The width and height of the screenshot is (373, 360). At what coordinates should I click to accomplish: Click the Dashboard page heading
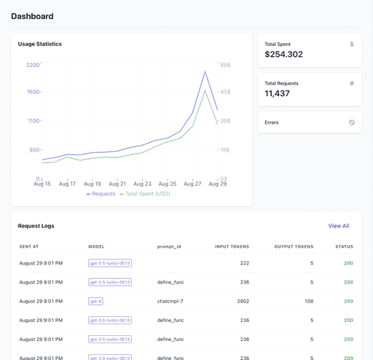click(32, 16)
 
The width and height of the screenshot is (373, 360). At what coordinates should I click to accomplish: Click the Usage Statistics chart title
click(40, 44)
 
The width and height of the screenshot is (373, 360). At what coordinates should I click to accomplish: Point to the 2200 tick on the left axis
click(32, 65)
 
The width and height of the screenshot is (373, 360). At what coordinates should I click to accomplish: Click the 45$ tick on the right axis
click(225, 92)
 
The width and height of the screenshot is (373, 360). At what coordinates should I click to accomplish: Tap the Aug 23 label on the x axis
click(142, 184)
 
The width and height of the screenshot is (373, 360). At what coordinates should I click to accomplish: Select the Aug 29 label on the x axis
click(217, 184)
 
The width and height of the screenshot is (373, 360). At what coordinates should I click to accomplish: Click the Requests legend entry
click(101, 194)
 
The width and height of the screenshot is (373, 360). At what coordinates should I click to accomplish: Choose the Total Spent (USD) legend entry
click(145, 194)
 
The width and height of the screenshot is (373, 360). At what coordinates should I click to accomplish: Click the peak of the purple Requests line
click(205, 71)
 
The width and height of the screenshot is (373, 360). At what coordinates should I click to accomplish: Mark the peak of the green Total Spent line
click(205, 91)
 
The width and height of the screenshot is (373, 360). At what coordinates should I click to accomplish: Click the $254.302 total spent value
click(283, 55)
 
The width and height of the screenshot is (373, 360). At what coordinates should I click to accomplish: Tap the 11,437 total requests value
click(277, 93)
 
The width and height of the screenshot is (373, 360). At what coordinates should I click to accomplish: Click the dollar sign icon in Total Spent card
click(351, 44)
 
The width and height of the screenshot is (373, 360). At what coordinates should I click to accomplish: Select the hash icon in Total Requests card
click(351, 83)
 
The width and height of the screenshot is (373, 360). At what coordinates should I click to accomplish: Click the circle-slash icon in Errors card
click(351, 122)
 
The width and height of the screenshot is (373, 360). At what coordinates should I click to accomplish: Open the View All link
click(338, 226)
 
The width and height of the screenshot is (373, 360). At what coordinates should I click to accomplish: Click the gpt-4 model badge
click(95, 301)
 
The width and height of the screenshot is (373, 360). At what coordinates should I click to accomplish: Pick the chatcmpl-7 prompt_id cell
click(170, 301)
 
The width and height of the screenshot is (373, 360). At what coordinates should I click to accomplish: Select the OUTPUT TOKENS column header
click(294, 247)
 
